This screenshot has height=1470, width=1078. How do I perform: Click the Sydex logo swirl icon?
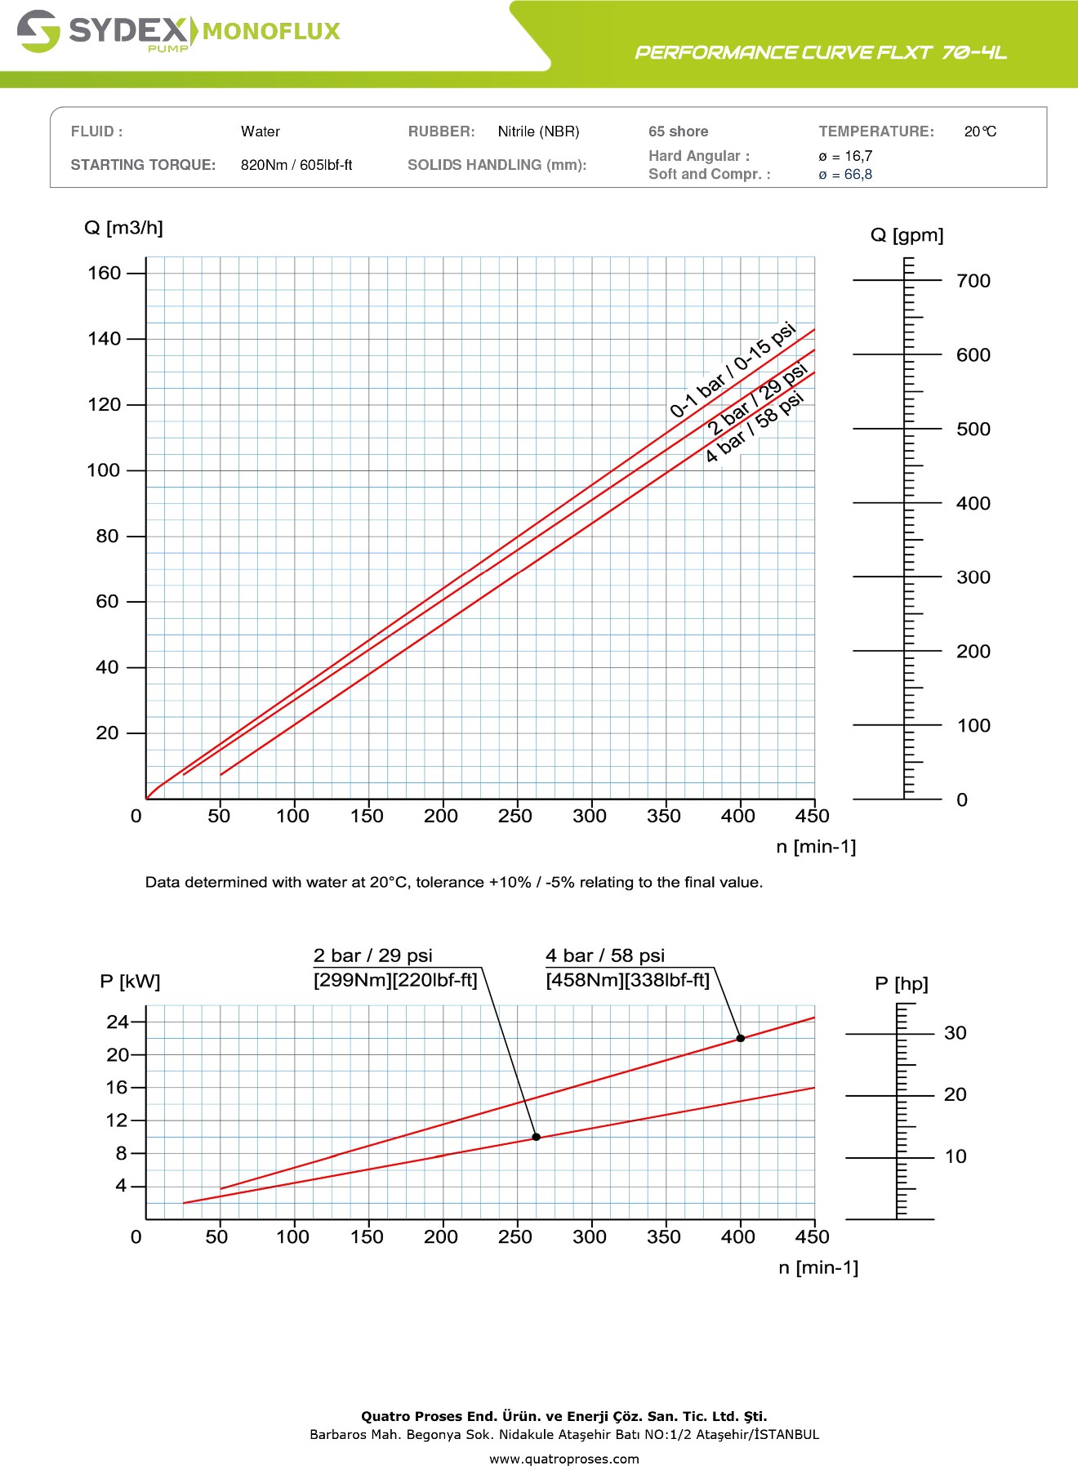[x=38, y=31]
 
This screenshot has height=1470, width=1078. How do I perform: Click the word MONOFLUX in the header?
[x=271, y=32]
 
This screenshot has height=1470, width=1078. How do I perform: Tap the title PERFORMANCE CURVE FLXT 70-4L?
[x=821, y=53]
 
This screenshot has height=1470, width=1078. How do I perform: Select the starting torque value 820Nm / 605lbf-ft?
[x=296, y=165]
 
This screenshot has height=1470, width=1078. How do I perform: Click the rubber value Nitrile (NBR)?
[x=538, y=131]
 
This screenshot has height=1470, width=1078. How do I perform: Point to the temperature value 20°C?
[x=980, y=131]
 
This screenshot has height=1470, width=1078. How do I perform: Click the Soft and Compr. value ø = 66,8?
[x=845, y=175]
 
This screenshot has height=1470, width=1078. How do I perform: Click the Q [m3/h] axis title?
[x=123, y=228]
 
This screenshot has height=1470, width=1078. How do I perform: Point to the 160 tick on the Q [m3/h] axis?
[x=105, y=273]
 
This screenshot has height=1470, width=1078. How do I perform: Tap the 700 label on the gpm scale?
[x=973, y=281]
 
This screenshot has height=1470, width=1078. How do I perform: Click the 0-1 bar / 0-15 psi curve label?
[x=732, y=370]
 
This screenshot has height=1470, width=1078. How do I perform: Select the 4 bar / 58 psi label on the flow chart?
[x=755, y=427]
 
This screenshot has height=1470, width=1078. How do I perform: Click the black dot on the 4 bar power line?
[x=741, y=1038]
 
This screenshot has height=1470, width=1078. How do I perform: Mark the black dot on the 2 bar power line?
[x=537, y=1137]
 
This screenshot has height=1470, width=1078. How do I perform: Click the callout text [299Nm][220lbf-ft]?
[x=395, y=980]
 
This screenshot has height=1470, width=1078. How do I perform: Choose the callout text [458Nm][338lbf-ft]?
[x=627, y=980]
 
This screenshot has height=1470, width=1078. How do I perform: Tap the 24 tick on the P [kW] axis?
[x=118, y=1022]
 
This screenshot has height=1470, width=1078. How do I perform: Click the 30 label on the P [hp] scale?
[x=955, y=1033]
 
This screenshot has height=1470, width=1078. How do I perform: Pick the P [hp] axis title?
[x=902, y=984]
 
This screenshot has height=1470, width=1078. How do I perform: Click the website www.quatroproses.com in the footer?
[x=564, y=1459]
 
